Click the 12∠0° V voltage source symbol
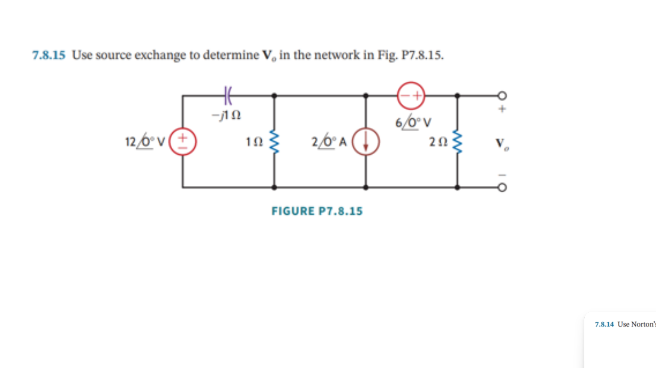coord(183,142)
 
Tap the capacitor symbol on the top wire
coord(228,95)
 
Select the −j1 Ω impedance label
coord(226,115)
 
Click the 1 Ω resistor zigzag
coord(274,142)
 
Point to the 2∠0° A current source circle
coord(366,142)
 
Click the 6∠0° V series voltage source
coord(411,95)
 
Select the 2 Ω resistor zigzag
coord(457,142)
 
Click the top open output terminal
coord(502,95)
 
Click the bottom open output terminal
coord(502,187)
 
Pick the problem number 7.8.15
coord(48,55)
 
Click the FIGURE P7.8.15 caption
coord(317,211)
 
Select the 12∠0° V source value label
coord(145,142)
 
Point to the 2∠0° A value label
coord(329,142)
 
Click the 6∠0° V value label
coord(413,123)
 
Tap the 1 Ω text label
coord(254,142)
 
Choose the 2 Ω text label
coord(437,142)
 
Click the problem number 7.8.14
coord(604,324)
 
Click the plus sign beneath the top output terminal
coord(502,109)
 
